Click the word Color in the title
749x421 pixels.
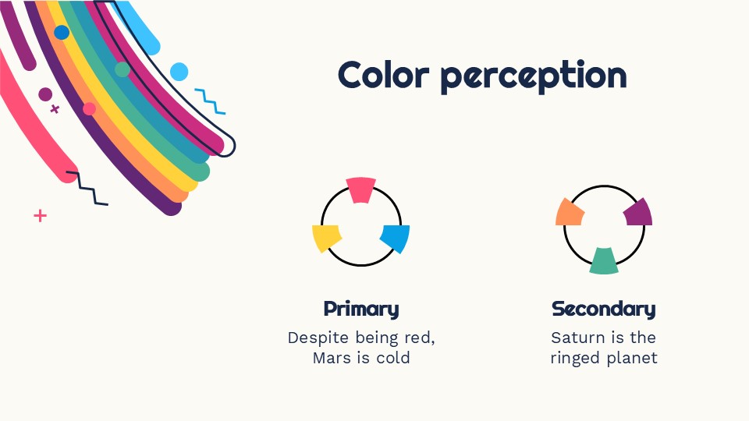(x=383, y=75)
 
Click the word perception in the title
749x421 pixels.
(x=533, y=76)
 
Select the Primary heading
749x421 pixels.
(x=360, y=309)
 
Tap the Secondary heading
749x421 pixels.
(x=603, y=309)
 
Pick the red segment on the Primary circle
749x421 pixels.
(x=361, y=189)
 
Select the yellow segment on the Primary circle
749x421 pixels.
(x=326, y=238)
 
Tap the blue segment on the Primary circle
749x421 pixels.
(x=396, y=237)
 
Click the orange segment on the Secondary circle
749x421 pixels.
(x=569, y=212)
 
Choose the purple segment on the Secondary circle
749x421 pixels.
(x=638, y=211)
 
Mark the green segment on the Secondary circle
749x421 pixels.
(x=604, y=261)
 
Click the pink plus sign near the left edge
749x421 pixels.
(x=40, y=215)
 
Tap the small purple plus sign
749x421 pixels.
(x=55, y=109)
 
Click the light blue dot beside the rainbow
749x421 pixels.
(x=179, y=72)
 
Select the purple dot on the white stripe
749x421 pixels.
(x=45, y=94)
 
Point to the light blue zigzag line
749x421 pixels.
(x=210, y=101)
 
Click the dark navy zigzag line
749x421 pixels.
(x=87, y=188)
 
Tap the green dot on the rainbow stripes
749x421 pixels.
(x=122, y=69)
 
